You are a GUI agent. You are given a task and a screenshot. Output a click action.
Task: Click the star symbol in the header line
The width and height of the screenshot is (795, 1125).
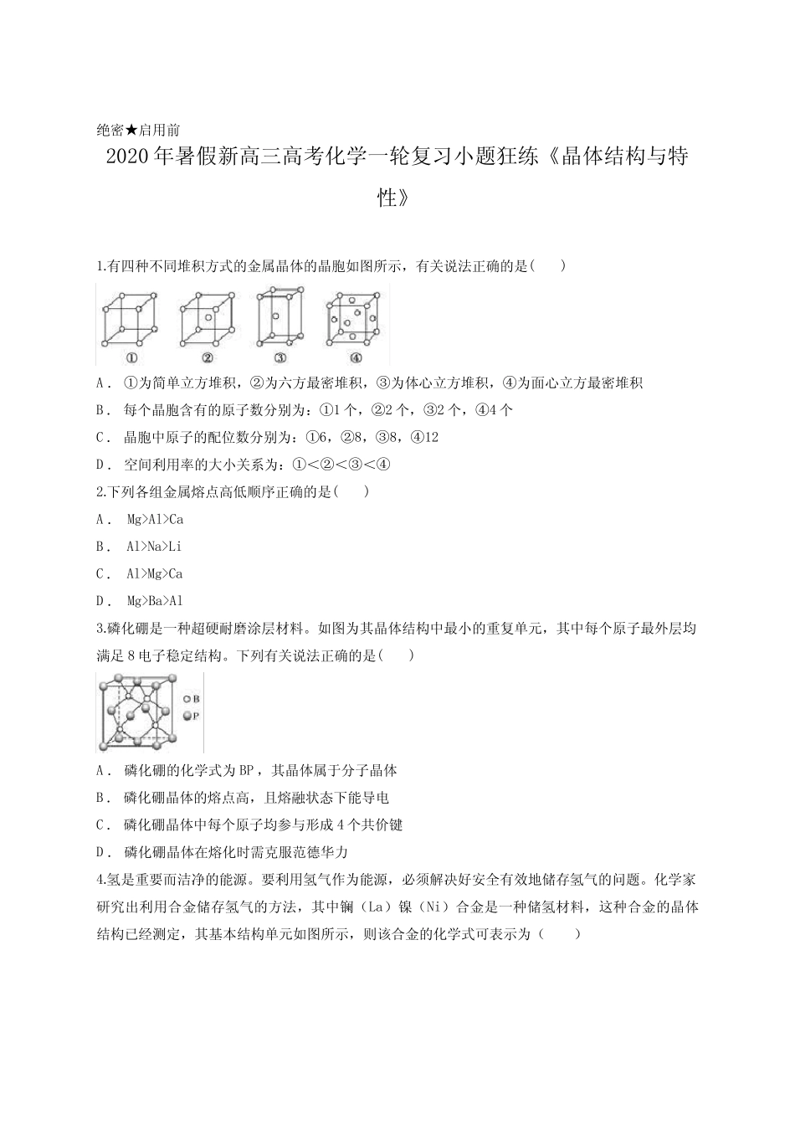(131, 130)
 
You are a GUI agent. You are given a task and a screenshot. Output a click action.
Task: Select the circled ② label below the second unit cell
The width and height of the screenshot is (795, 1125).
(207, 357)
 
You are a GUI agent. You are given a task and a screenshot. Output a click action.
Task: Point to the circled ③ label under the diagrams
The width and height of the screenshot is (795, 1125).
(280, 357)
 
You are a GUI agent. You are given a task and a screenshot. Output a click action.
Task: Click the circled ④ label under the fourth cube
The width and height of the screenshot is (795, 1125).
(355, 357)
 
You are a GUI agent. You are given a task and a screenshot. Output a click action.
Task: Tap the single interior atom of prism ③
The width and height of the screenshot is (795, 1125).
(275, 316)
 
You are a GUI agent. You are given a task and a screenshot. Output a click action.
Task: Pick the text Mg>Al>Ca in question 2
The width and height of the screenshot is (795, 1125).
(155, 519)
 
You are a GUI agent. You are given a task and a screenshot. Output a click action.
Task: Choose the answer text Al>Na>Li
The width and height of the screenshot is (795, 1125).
(154, 547)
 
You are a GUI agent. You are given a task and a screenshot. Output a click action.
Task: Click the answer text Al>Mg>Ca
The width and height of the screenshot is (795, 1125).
(155, 574)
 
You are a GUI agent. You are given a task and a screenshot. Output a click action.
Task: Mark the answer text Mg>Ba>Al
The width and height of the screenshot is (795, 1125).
(155, 601)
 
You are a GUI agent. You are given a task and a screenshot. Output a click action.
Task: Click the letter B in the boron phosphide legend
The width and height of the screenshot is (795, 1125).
(196, 699)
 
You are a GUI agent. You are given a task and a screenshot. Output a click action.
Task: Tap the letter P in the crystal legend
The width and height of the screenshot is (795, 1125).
(196, 716)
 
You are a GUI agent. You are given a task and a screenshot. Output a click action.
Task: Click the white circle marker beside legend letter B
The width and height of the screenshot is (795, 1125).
(186, 699)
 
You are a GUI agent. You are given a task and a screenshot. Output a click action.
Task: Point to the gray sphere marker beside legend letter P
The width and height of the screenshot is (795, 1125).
(186, 716)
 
